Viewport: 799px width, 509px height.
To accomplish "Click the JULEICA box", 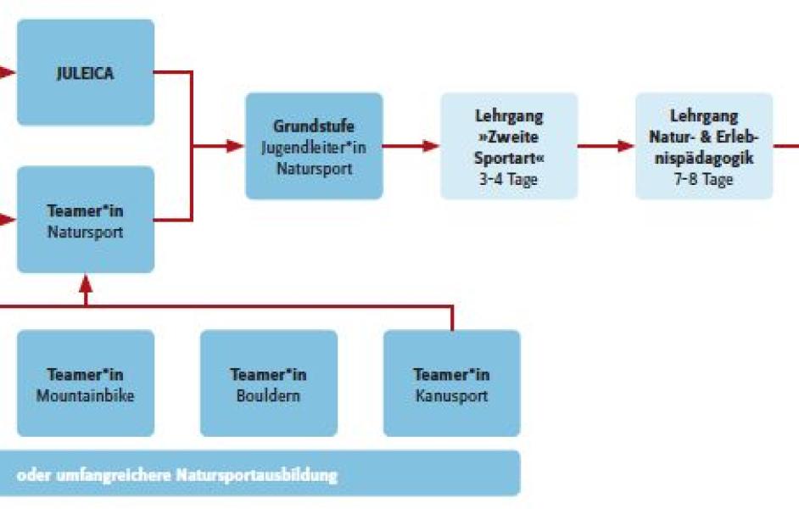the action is point(86,72).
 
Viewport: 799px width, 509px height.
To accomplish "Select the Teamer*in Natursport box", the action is point(86,220).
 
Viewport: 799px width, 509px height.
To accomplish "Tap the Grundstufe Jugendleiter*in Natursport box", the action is point(314,146).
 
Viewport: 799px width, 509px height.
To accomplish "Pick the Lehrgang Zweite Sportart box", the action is point(509,146).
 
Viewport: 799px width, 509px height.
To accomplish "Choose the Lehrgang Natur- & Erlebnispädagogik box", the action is point(704,146).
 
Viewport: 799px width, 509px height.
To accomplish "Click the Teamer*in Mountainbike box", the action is point(86,383).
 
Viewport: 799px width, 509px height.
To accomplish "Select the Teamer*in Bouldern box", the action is point(269,383).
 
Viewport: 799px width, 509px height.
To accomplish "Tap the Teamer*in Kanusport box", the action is point(451,383).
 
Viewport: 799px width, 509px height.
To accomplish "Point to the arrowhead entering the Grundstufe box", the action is point(236,146).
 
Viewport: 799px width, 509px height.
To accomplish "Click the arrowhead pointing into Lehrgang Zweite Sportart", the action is point(431,146).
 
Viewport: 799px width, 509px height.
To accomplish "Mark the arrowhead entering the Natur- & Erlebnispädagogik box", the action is point(626,146).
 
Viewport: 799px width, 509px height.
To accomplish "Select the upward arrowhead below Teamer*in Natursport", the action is point(86,283).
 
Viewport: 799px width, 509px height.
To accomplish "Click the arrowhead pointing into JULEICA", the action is point(7,72).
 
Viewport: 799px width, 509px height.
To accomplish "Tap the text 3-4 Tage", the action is point(508,179).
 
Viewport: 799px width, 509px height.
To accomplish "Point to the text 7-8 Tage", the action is point(704,179).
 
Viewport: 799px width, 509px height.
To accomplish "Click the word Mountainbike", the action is point(85,396).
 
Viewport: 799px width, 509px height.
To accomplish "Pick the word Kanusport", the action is point(451,396).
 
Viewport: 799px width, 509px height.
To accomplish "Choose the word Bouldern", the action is point(268,396).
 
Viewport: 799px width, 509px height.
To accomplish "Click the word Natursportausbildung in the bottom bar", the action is point(257,475).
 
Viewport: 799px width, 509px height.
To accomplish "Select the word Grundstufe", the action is point(314,126).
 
